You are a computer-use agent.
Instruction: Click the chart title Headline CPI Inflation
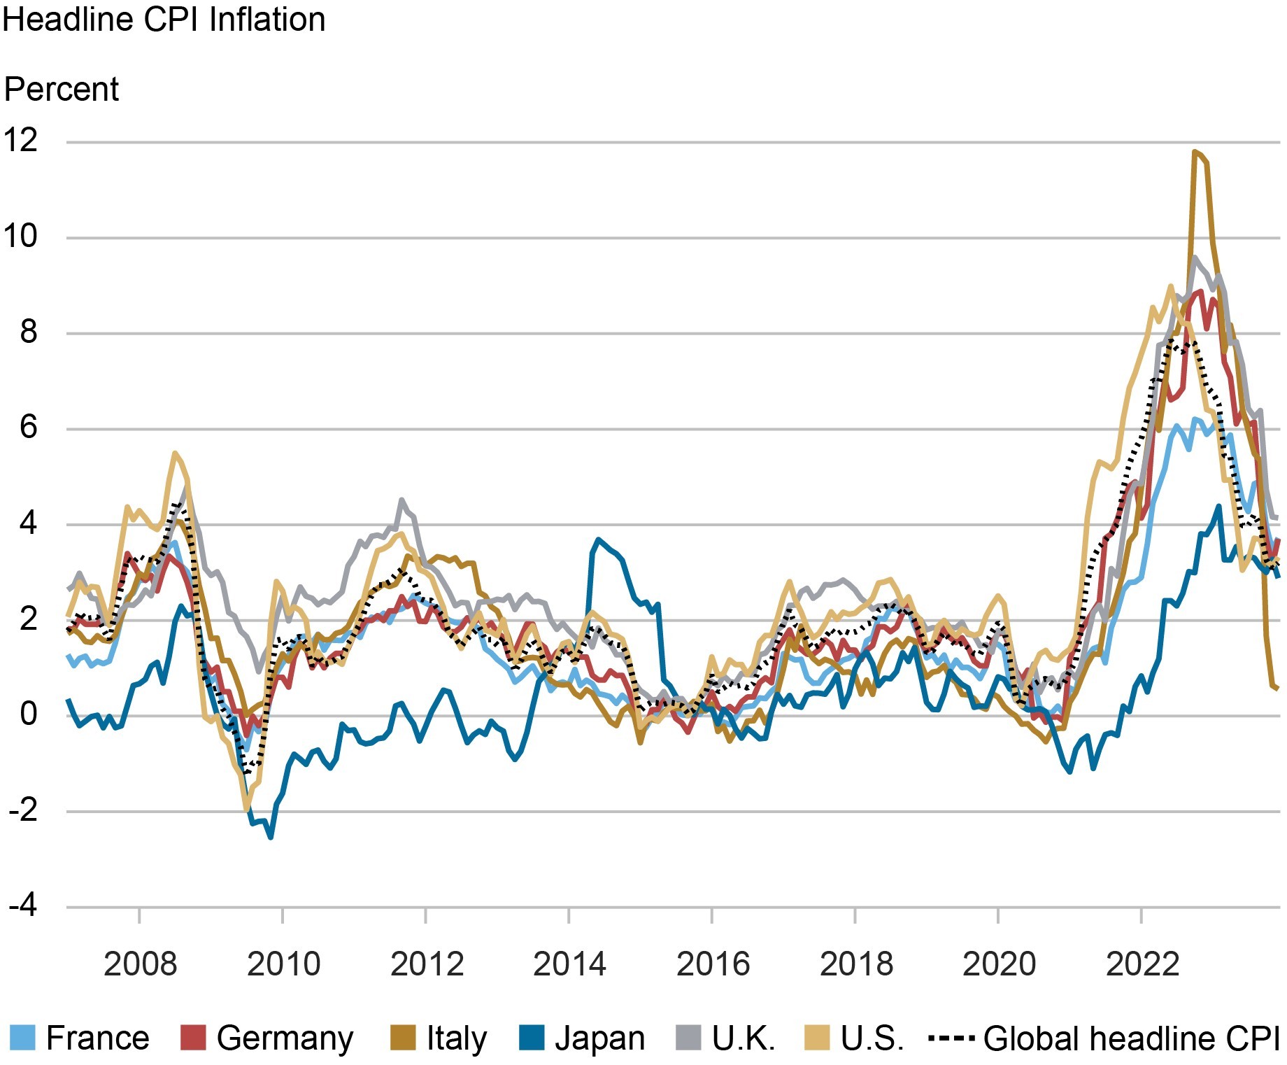[164, 20]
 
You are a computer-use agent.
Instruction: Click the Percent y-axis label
[62, 90]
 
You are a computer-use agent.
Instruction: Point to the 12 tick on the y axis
[21, 141]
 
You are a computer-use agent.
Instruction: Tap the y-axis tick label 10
[21, 237]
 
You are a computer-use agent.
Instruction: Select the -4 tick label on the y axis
[22, 906]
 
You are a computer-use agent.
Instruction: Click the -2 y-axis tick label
[22, 810]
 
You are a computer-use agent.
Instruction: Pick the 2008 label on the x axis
[140, 964]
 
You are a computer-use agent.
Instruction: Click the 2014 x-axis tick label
[569, 964]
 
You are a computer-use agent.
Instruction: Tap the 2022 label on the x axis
[1142, 964]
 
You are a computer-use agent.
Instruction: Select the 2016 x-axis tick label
[712, 964]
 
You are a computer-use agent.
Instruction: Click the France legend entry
[80, 1038]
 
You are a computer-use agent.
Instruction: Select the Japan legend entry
[582, 1038]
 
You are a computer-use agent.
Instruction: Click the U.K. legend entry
[726, 1038]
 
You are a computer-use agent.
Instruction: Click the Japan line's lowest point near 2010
[271, 837]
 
